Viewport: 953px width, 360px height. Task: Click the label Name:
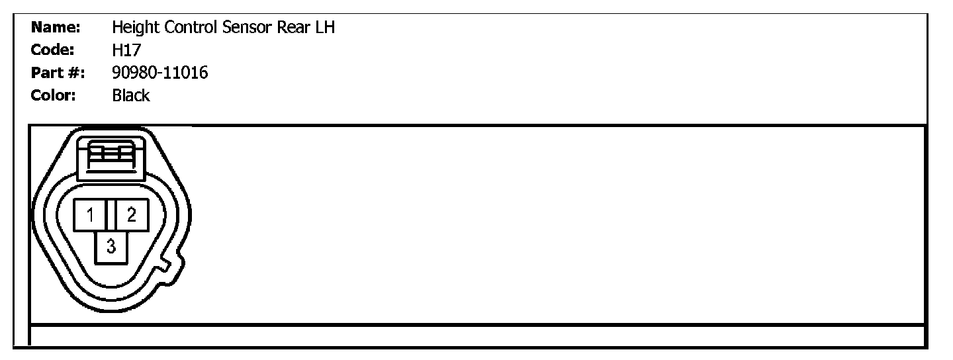click(x=56, y=28)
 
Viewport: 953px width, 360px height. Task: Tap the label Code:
click(x=52, y=50)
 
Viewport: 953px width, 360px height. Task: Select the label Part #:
click(x=58, y=73)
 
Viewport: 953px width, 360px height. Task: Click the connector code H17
click(x=126, y=50)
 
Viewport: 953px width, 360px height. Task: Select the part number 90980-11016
click(x=160, y=73)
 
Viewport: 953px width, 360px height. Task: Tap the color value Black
click(x=131, y=95)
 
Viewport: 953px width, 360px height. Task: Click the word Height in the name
click(x=131, y=28)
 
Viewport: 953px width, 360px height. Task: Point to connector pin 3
click(x=112, y=247)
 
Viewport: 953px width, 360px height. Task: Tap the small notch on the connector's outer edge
click(x=171, y=265)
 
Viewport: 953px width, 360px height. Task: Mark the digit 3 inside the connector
click(x=112, y=247)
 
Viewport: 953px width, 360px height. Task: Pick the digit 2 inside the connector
click(x=132, y=214)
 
